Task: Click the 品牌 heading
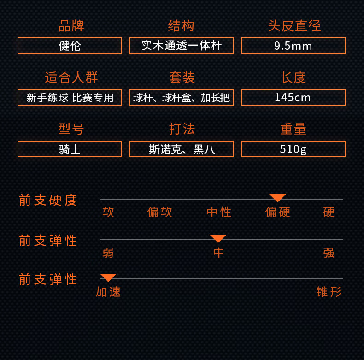pyautogui.click(x=71, y=26)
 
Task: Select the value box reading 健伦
pyautogui.click(x=70, y=46)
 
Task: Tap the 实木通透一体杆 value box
pyautogui.click(x=182, y=46)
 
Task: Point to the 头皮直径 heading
pyautogui.click(x=294, y=26)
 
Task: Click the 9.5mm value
pyautogui.click(x=294, y=46)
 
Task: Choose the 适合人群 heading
pyautogui.click(x=71, y=77)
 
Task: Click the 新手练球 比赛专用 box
pyautogui.click(x=70, y=98)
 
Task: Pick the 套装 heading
pyautogui.click(x=182, y=77)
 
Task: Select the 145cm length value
pyautogui.click(x=294, y=98)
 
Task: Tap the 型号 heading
pyautogui.click(x=71, y=129)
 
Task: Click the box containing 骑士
pyautogui.click(x=70, y=149)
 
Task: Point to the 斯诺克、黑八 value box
pyautogui.click(x=182, y=149)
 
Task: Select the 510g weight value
pyautogui.click(x=294, y=149)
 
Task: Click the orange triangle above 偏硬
pyautogui.click(x=278, y=198)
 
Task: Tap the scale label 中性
pyautogui.click(x=219, y=212)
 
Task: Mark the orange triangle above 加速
pyautogui.click(x=108, y=277)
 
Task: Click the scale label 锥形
pyautogui.click(x=329, y=292)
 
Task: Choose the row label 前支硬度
pyautogui.click(x=48, y=200)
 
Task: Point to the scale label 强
pyautogui.click(x=329, y=253)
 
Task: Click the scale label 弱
pyautogui.click(x=108, y=253)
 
